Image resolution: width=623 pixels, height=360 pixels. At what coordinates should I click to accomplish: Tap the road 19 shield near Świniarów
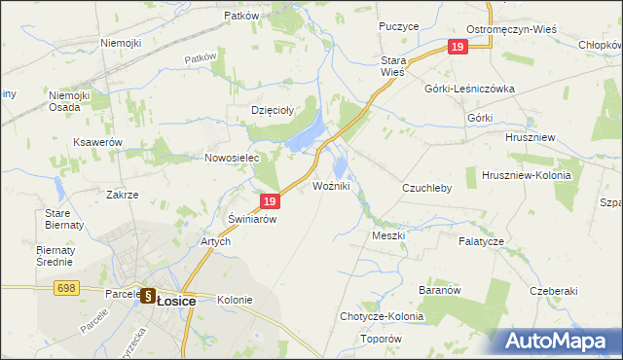point(272,201)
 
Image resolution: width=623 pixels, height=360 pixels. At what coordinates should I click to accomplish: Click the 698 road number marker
point(66,287)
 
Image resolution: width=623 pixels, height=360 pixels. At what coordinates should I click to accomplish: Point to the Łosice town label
point(175,302)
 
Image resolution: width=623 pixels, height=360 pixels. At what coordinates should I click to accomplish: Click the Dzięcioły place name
point(273,110)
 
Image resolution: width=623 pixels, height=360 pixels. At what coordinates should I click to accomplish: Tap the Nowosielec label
point(230,158)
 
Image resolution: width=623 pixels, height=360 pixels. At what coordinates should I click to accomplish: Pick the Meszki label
point(387,235)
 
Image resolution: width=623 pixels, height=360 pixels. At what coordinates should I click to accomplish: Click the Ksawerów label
point(97,142)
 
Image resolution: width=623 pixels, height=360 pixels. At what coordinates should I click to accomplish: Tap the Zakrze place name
point(123,195)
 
